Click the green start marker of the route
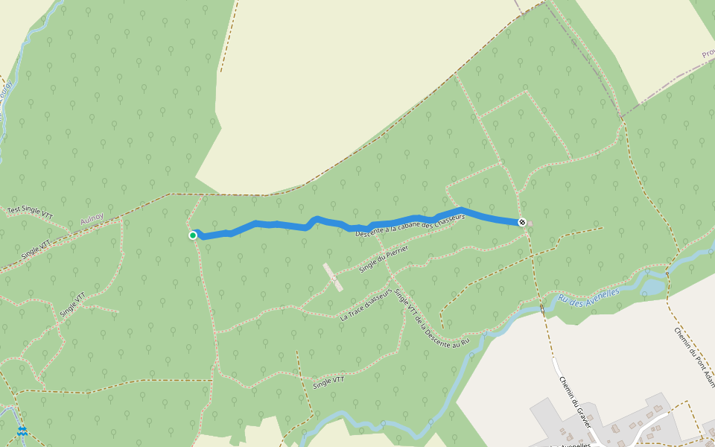[193, 235]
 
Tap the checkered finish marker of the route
[522, 221]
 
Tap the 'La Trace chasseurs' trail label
[366, 305]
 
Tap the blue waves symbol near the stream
[23, 431]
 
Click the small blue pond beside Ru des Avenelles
[652, 286]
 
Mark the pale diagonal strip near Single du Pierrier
[333, 276]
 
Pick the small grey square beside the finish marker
[530, 223]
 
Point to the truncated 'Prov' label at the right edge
[708, 53]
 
